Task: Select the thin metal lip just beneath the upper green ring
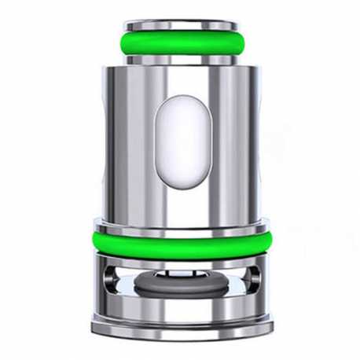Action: point(180,64)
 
